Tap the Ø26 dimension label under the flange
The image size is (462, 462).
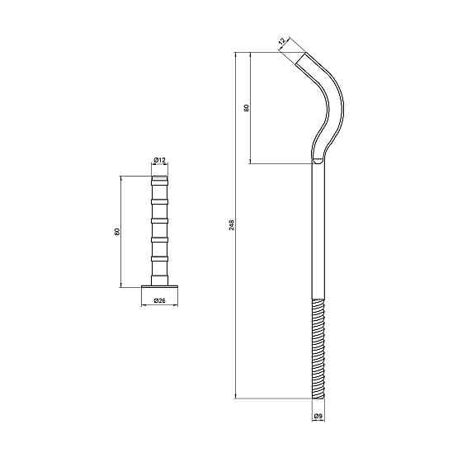point(160,302)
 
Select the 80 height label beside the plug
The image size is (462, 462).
point(117,231)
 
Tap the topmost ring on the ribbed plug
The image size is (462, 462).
point(160,182)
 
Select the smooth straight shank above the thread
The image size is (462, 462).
point(318,231)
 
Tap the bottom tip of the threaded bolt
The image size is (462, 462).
point(318,398)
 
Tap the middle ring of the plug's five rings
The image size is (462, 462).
point(160,222)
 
